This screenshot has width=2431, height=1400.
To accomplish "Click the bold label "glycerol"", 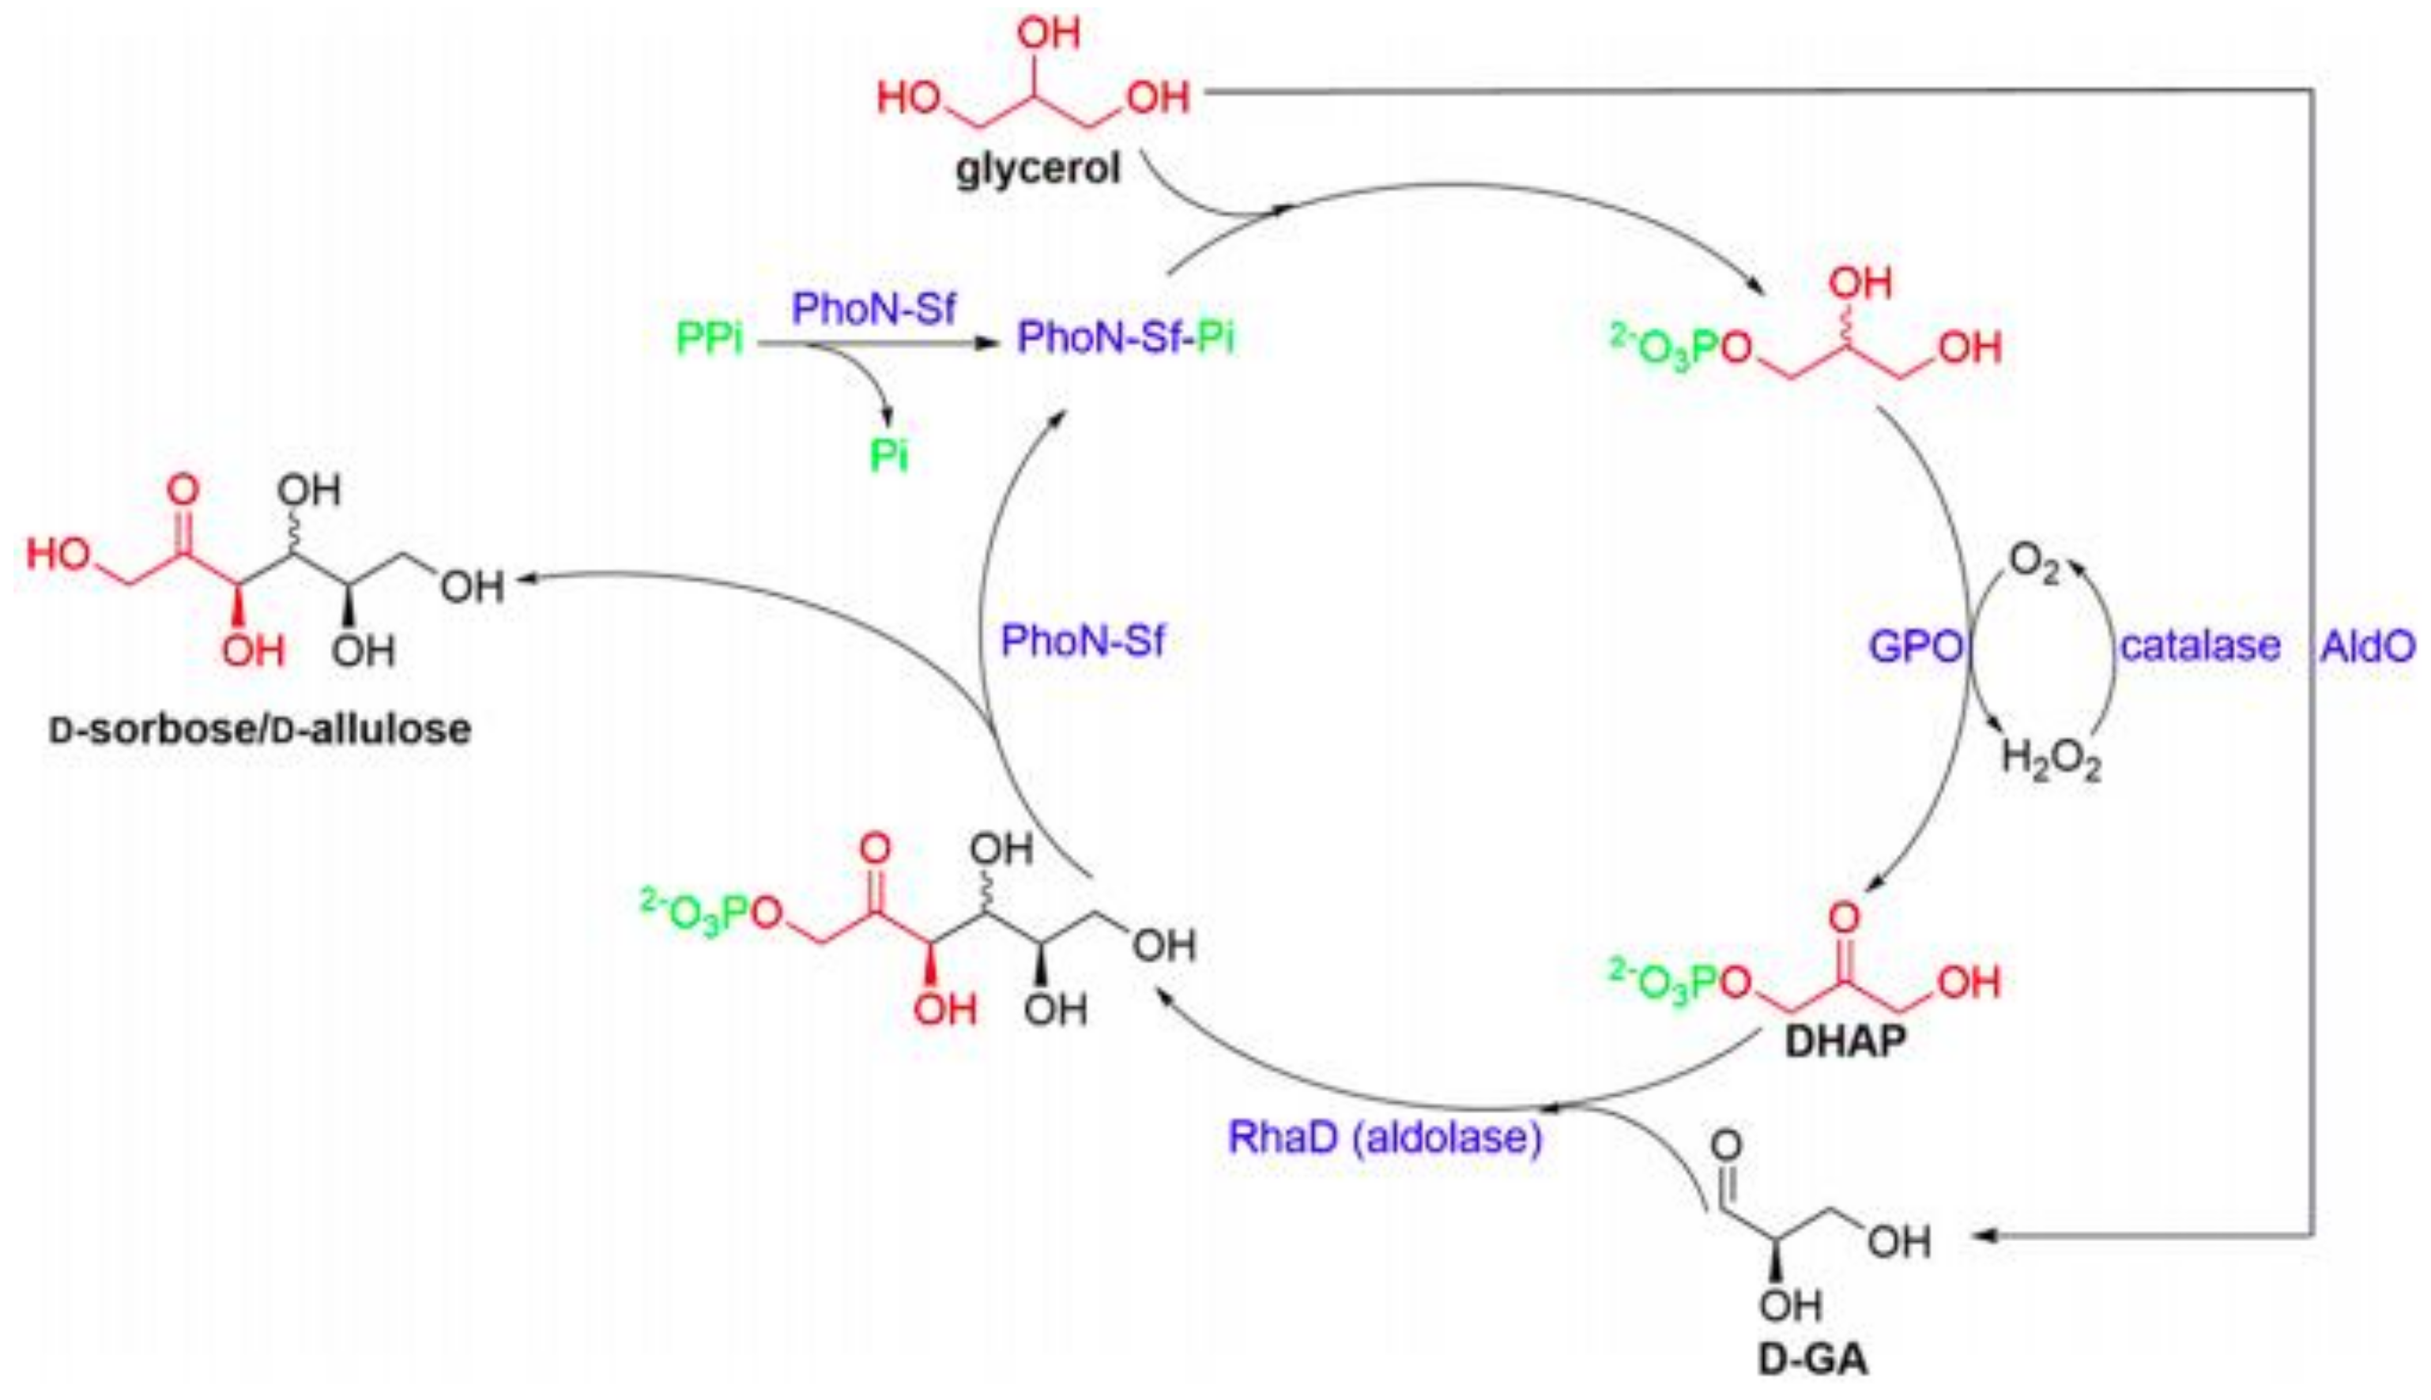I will [1038, 169].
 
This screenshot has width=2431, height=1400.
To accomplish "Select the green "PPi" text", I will [710, 338].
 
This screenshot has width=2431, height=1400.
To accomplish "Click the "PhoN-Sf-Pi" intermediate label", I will [1125, 337].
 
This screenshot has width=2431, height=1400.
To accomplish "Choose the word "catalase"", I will [2200, 645].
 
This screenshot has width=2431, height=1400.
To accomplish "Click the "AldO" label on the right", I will [2368, 646].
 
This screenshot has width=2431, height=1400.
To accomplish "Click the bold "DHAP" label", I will [1845, 1042].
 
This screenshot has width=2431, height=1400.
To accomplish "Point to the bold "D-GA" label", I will [1813, 1360].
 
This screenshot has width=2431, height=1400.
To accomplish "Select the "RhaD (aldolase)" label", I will [1385, 1138].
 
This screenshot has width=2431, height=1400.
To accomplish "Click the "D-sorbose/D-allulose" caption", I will [261, 729].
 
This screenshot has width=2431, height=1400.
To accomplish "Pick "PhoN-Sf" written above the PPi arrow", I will [873, 309].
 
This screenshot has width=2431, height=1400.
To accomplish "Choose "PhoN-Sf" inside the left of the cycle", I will [1083, 641].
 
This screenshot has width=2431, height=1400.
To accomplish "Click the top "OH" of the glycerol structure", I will [1048, 34].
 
